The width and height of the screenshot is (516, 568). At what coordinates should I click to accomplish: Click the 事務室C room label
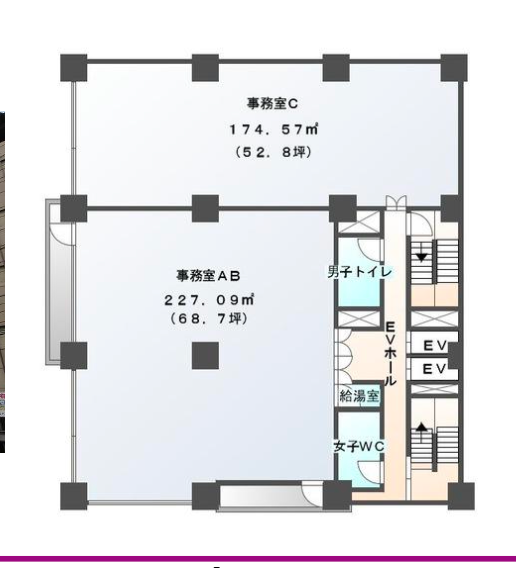(272, 104)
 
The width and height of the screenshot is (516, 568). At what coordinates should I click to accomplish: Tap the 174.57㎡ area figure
(274, 129)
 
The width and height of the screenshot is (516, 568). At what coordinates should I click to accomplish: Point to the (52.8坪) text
(273, 153)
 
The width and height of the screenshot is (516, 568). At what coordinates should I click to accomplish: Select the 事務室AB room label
(208, 276)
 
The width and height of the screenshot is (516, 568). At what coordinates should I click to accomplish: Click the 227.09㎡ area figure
(209, 300)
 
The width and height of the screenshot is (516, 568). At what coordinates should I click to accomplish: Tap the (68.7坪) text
(209, 319)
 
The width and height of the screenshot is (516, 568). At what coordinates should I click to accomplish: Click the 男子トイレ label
(360, 272)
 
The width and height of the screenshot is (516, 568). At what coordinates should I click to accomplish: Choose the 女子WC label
(359, 447)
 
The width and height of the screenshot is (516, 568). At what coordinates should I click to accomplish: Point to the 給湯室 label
(359, 396)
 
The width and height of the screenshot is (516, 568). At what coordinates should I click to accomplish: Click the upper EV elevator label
(434, 346)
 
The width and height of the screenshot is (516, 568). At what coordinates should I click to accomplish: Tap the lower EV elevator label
(434, 369)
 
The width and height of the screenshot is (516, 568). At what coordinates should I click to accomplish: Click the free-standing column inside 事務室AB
(205, 356)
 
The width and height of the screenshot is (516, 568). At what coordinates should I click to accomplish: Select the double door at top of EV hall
(396, 202)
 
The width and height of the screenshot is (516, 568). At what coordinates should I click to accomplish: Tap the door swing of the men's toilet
(370, 250)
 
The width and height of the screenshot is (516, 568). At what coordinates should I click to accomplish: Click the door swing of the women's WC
(370, 472)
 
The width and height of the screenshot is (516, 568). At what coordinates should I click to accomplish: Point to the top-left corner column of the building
(74, 68)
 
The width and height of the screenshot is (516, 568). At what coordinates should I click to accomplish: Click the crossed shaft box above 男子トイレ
(359, 222)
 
